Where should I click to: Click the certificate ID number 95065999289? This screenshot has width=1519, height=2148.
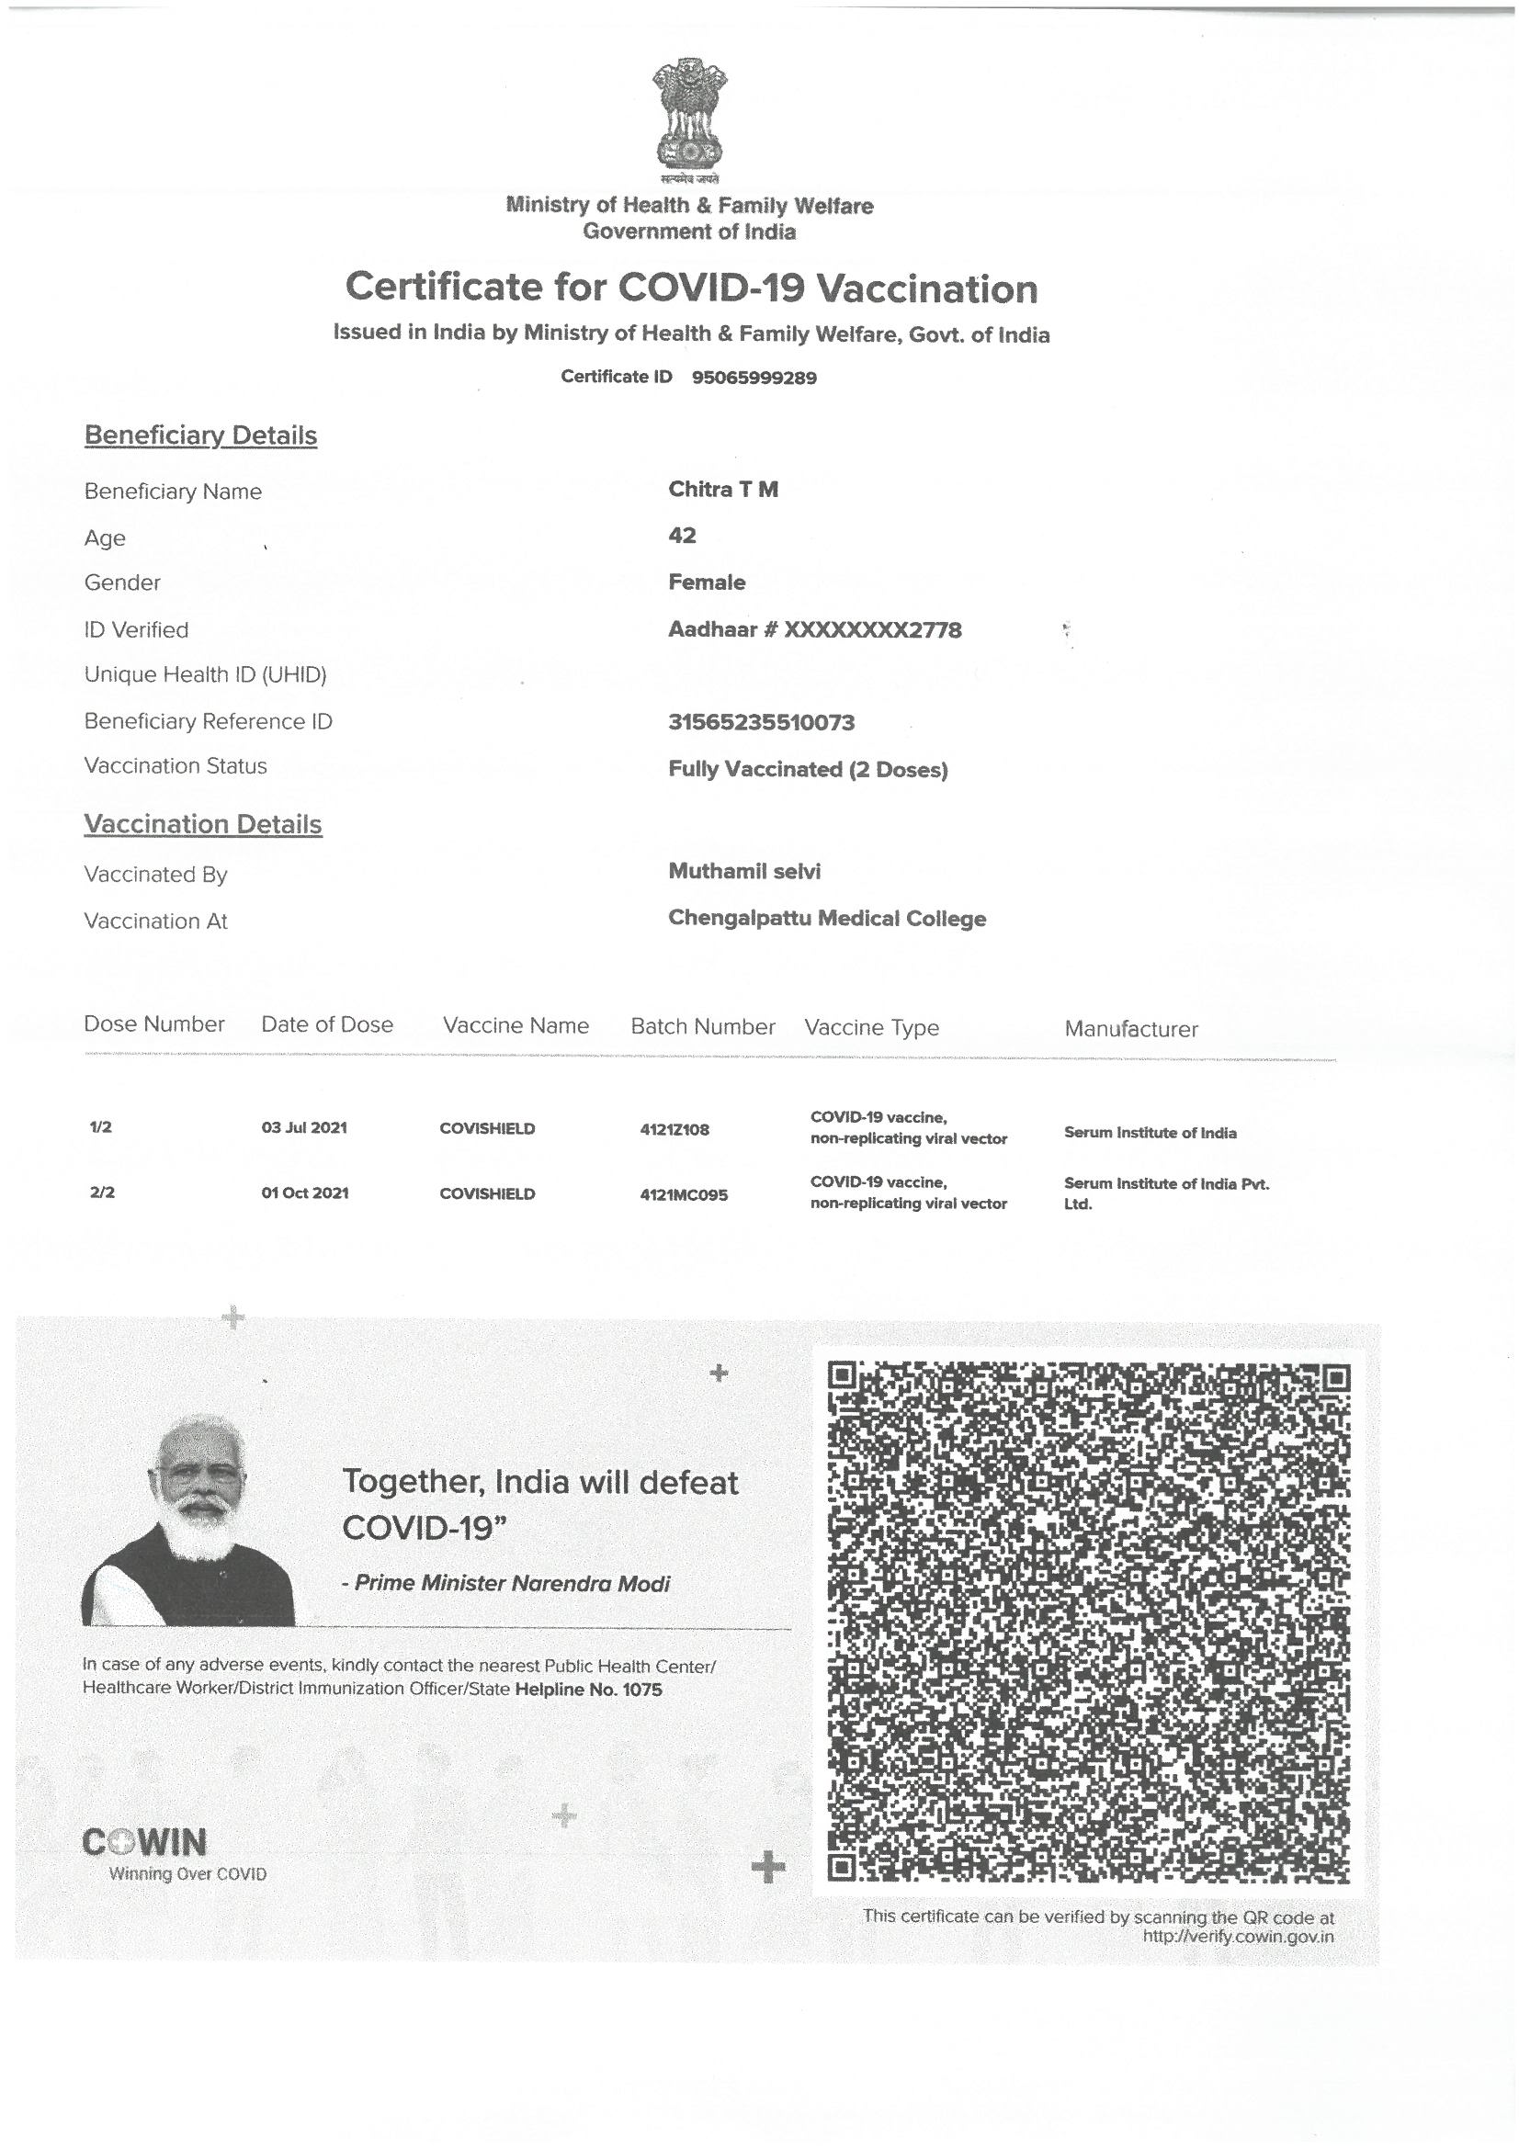(x=754, y=378)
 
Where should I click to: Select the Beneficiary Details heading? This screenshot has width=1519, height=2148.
(x=200, y=436)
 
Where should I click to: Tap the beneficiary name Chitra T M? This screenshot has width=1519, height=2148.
(x=722, y=490)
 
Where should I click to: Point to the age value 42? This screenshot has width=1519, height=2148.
(x=682, y=535)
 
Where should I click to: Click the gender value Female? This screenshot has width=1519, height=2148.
(x=707, y=582)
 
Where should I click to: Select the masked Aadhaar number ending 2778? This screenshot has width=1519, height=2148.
(x=814, y=629)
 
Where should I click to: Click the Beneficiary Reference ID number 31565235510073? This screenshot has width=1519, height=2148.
(x=761, y=722)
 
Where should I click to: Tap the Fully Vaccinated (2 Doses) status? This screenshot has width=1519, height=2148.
(x=808, y=769)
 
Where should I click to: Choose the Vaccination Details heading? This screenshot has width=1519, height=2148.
(x=203, y=824)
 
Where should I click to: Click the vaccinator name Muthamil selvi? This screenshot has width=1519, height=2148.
(x=744, y=871)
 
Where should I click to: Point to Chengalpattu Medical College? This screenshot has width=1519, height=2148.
(x=826, y=918)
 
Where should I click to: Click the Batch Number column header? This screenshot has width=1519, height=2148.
(x=703, y=1026)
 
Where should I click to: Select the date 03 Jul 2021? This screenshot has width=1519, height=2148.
(x=304, y=1127)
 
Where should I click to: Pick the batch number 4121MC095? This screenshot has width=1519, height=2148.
(x=683, y=1194)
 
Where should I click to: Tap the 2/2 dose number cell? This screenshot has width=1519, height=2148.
(x=102, y=1193)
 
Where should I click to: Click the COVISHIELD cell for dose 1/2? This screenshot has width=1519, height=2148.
(x=487, y=1128)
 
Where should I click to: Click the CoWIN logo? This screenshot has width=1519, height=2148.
(x=145, y=1842)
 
